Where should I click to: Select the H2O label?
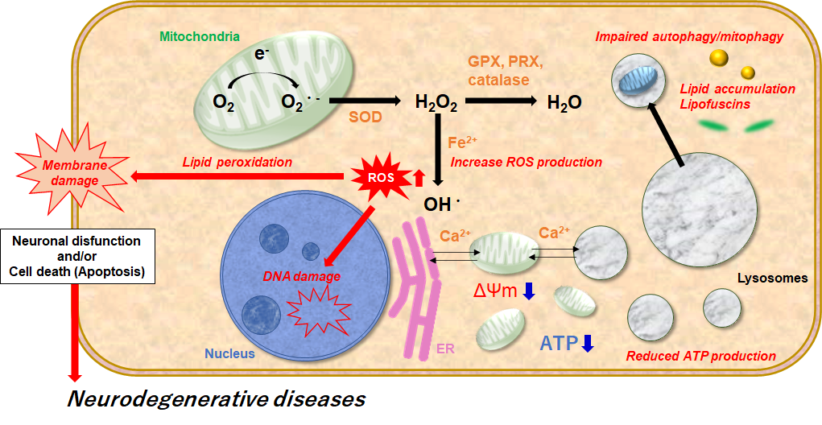pyautogui.click(x=564, y=102)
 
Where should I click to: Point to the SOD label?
pyautogui.click(x=366, y=118)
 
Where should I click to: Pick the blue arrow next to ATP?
pyautogui.click(x=588, y=344)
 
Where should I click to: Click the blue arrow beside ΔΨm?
pyautogui.click(x=529, y=291)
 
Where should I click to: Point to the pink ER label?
pyautogui.click(x=446, y=349)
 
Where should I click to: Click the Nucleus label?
pyautogui.click(x=229, y=353)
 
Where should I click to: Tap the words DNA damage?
pyautogui.click(x=302, y=276)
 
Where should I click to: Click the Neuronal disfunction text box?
pyautogui.click(x=77, y=256)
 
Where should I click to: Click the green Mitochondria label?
pyautogui.click(x=200, y=36)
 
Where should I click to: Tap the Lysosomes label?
pyautogui.click(x=772, y=279)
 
